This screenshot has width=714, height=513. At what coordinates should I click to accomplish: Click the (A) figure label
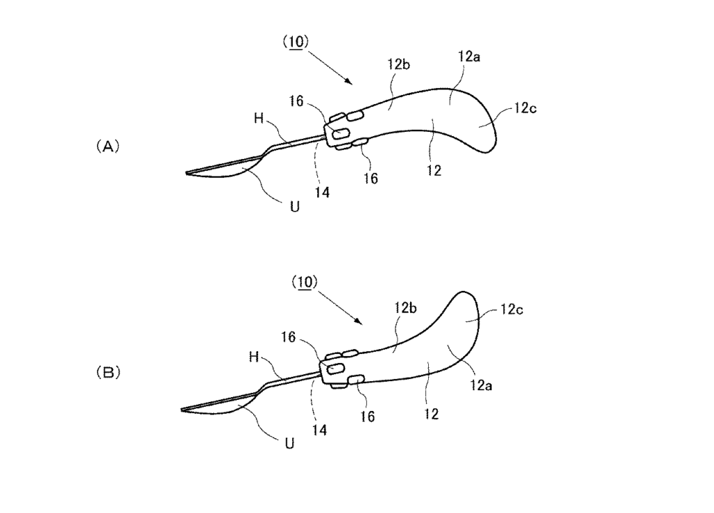point(108,147)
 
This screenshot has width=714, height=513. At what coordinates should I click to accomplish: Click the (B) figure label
point(108,373)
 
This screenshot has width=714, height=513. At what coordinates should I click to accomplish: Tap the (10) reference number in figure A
point(296,42)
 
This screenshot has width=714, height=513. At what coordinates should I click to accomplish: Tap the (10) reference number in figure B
point(304,282)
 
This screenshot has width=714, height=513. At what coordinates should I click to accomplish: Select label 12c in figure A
point(526,108)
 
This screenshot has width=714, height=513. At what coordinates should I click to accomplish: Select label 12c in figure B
point(512,309)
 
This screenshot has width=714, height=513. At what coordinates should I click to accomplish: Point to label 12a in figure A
point(469,57)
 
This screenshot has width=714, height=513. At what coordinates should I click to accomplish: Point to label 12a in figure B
point(481,386)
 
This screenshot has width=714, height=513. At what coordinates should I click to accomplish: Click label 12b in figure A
point(399,64)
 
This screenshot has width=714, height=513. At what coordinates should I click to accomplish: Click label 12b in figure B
point(405,308)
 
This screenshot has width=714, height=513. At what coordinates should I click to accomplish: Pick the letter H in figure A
point(259,119)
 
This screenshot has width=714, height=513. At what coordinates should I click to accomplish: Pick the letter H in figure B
point(254,357)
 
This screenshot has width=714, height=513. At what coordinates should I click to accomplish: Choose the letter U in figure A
point(295,207)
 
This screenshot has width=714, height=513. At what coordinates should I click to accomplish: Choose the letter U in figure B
point(289,443)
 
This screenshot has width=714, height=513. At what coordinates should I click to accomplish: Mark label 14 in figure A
point(322,193)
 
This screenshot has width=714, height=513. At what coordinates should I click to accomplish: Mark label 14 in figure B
point(319,430)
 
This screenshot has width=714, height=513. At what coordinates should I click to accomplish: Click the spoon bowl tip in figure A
point(186,173)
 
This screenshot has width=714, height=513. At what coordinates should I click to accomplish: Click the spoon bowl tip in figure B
point(182,410)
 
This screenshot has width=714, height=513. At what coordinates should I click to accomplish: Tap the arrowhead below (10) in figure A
point(350,82)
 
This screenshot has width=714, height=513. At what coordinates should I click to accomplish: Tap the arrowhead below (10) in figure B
point(360,322)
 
